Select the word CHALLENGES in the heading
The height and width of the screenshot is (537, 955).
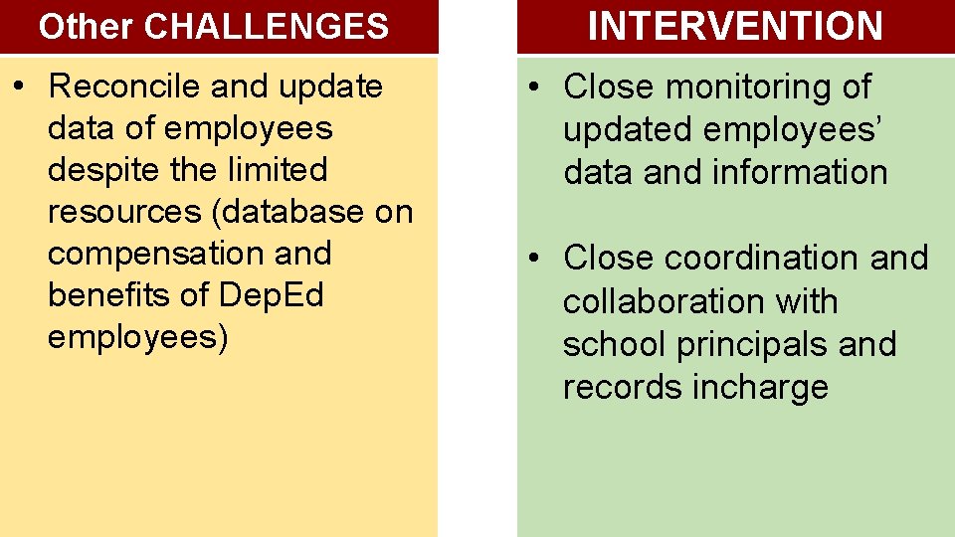[x=266, y=27]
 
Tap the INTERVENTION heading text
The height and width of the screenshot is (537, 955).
[x=735, y=27]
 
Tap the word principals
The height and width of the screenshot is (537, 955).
[x=752, y=344]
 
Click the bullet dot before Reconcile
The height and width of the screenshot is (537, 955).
[x=19, y=87]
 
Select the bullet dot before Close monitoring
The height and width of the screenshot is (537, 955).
[x=534, y=88]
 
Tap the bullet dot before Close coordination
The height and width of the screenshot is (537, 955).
[x=534, y=259]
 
